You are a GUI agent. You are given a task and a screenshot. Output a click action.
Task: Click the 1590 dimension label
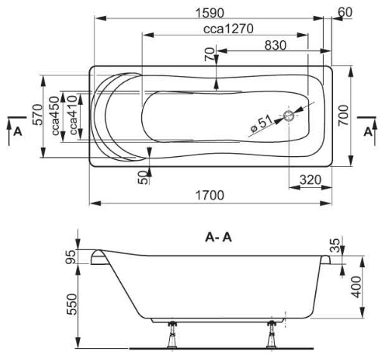tap(209, 13)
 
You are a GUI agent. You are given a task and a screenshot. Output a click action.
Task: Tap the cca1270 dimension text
tap(228, 29)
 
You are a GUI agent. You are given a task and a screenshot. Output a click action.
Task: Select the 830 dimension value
tap(276, 45)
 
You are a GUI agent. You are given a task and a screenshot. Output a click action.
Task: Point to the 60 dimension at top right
tap(345, 12)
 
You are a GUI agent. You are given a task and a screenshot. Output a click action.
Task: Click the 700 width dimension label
tap(344, 115)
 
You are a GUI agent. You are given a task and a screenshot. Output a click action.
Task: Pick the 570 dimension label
tap(39, 115)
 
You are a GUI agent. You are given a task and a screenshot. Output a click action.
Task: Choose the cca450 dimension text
tap(55, 115)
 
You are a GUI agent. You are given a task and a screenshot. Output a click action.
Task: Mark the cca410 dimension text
tap(73, 115)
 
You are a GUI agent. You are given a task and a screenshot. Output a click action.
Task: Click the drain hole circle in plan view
tap(289, 116)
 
